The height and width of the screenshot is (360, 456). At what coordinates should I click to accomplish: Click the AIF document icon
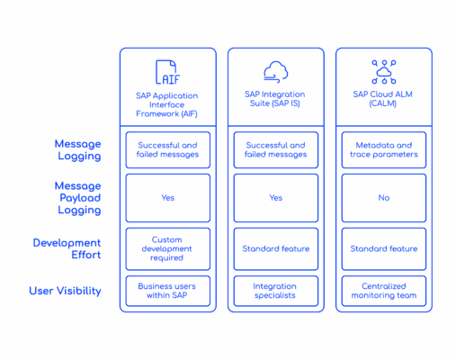pyautogui.click(x=167, y=72)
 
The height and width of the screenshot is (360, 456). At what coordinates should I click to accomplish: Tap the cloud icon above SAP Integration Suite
pyautogui.click(x=276, y=72)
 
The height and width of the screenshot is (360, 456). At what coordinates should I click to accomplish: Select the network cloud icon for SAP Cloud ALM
pyautogui.click(x=384, y=72)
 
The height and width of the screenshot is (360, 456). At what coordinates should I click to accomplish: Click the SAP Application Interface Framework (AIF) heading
pyautogui.click(x=167, y=104)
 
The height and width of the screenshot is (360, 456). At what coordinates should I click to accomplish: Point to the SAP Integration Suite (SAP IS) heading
pyautogui.click(x=275, y=99)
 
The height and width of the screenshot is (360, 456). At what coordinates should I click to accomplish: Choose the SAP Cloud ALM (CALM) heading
pyautogui.click(x=383, y=99)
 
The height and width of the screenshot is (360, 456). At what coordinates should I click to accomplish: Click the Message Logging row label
pyautogui.click(x=78, y=150)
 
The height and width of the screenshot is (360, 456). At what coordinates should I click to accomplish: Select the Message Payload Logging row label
pyautogui.click(x=78, y=198)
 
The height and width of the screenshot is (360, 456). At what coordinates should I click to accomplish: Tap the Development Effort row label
pyautogui.click(x=67, y=248)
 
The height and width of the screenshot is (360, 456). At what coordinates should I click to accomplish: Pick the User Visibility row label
pyautogui.click(x=66, y=291)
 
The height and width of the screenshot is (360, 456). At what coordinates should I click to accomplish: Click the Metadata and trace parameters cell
pyautogui.click(x=384, y=150)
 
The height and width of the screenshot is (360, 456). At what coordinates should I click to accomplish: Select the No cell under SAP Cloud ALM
pyautogui.click(x=384, y=198)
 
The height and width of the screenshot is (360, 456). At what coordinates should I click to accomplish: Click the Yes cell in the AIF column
pyautogui.click(x=168, y=198)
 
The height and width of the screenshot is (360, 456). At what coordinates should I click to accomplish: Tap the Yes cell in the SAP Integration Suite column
pyautogui.click(x=276, y=198)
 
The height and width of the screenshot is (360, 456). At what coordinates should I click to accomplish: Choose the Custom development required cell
pyautogui.click(x=168, y=249)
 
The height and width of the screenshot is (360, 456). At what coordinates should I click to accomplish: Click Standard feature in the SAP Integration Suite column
pyautogui.click(x=276, y=249)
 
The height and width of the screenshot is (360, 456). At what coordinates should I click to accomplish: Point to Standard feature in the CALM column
pyautogui.click(x=384, y=249)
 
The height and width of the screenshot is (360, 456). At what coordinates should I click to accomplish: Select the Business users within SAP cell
pyautogui.click(x=168, y=291)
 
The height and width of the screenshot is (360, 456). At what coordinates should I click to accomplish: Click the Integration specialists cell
pyautogui.click(x=276, y=291)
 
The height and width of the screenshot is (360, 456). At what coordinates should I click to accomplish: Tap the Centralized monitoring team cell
pyautogui.click(x=384, y=291)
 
